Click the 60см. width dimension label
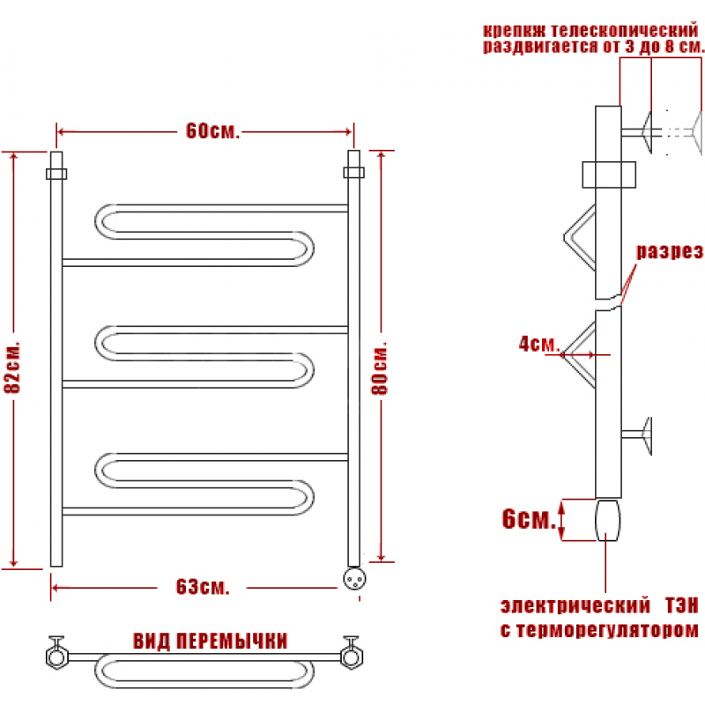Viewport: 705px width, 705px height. pos(212,130)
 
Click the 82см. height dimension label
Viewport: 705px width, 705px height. pos(12,367)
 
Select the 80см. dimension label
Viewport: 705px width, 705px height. pos(380,368)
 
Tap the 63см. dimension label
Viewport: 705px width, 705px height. pos(203,587)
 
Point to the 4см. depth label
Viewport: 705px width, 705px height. pos(538,344)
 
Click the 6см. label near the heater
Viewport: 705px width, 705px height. pos(529,518)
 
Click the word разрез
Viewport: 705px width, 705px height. pos(669,251)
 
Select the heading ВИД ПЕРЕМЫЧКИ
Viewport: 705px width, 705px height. pos(210,641)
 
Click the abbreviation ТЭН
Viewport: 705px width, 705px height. pos(681,605)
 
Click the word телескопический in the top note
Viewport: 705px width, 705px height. pos(624,31)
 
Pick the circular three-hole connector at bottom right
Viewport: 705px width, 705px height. pos(354,578)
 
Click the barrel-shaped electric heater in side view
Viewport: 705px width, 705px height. pos(607,520)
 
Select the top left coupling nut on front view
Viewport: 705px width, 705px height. pos(56,174)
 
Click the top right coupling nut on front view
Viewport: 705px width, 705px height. pos(354,173)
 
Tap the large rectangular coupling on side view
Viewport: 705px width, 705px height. pos(609,174)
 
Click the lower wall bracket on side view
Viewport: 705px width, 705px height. pos(636,434)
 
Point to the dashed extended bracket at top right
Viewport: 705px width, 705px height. pos(683,132)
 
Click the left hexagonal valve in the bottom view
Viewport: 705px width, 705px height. pos(56,655)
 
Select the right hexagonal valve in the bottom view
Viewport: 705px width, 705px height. pos(352,655)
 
